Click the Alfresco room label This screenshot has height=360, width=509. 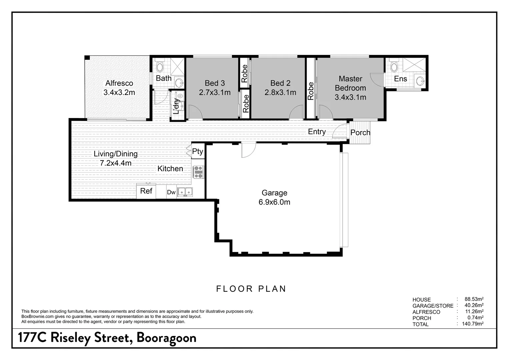[119, 83]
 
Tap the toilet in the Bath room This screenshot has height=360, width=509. [160, 66]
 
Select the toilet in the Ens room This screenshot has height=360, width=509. [394, 66]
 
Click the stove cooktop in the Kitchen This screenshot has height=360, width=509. [198, 172]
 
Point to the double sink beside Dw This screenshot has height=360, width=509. [185, 192]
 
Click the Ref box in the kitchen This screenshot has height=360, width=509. [146, 191]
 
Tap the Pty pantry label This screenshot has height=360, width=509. [197, 152]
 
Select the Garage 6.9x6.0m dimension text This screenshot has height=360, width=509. [274, 202]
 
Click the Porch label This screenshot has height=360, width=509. [360, 133]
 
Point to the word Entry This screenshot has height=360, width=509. [317, 132]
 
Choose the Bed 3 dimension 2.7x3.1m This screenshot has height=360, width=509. [215, 92]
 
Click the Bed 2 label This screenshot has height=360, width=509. [280, 83]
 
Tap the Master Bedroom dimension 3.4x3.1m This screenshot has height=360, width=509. [350, 97]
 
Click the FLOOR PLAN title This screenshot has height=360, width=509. [251, 289]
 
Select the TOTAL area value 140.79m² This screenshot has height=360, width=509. [472, 324]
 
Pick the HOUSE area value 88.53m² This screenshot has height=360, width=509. [474, 299]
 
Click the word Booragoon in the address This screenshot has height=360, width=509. [166, 338]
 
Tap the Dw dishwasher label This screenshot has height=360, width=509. [171, 192]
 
